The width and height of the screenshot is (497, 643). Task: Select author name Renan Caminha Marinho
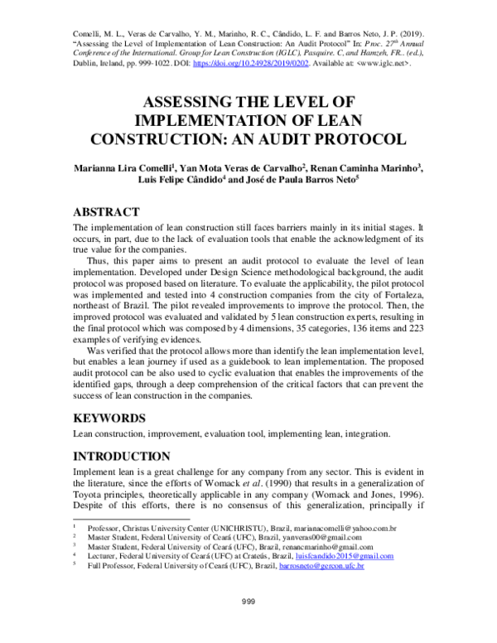(x=365, y=166)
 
